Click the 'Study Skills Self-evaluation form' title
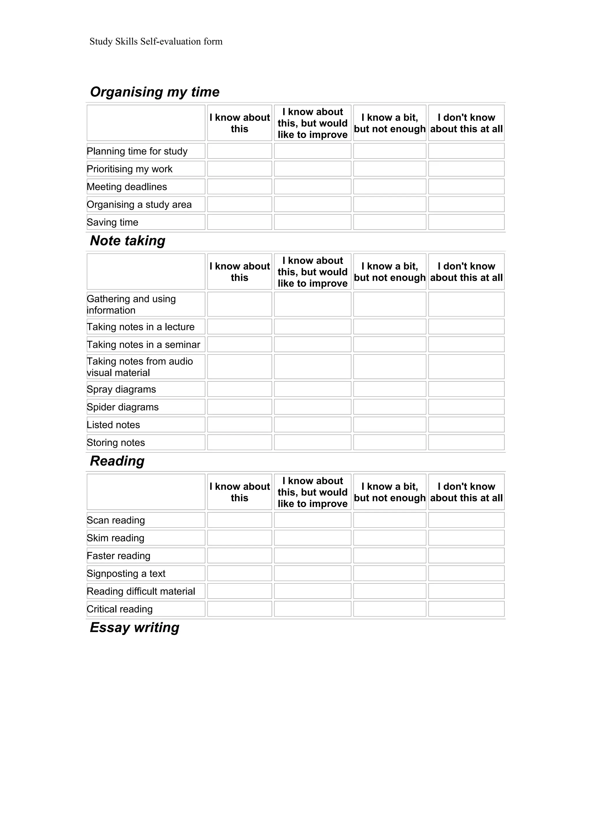click(x=156, y=42)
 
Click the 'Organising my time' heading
click(x=155, y=92)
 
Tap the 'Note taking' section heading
click(x=128, y=241)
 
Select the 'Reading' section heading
click(x=117, y=461)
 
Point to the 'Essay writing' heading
click(x=134, y=627)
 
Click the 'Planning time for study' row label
click(x=137, y=151)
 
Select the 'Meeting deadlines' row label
click(x=127, y=187)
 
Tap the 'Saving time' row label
click(x=113, y=222)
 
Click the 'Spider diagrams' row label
click(x=123, y=407)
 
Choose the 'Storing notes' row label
click(x=116, y=443)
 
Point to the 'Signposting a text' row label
click(x=126, y=573)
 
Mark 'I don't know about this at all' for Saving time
click(x=466, y=222)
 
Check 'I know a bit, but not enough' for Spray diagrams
click(x=389, y=389)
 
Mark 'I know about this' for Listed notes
click(x=240, y=425)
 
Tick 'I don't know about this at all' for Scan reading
click(x=466, y=520)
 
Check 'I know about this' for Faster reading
click(x=240, y=556)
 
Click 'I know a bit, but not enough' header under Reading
click(x=389, y=492)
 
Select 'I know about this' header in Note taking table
click(x=240, y=272)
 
